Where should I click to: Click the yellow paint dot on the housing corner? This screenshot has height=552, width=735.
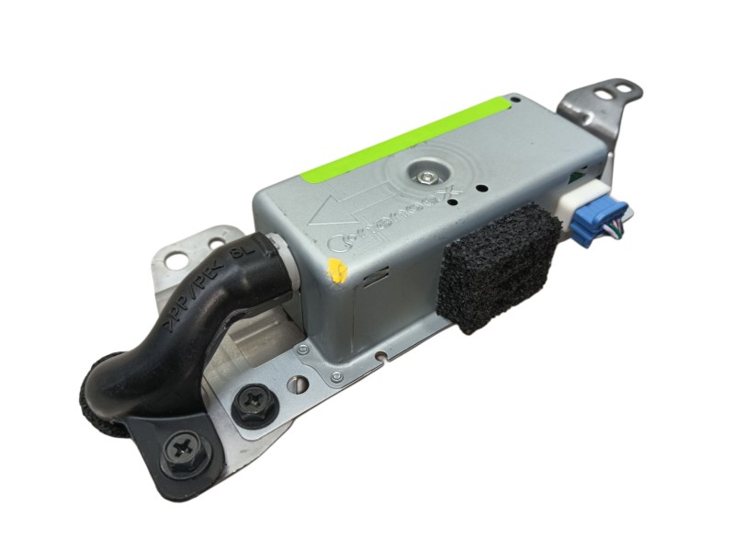click(338, 271)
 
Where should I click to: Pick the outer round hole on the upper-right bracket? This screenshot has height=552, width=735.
click(627, 89)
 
